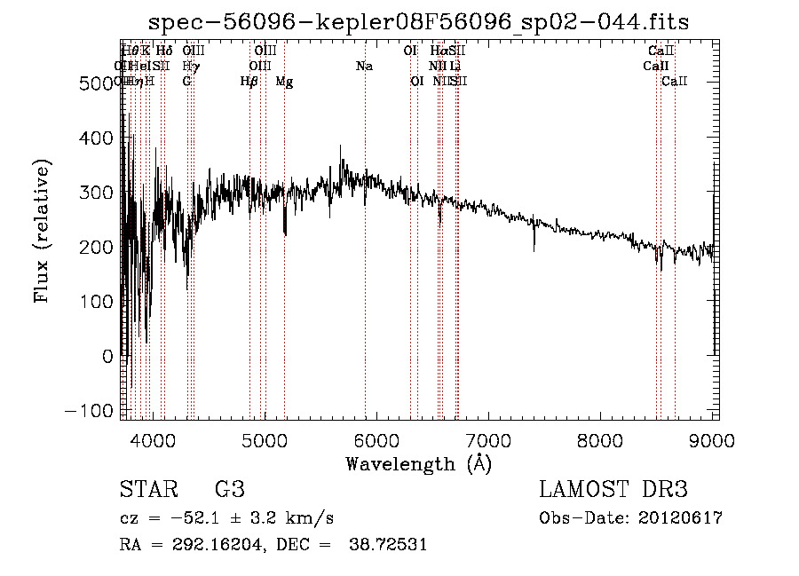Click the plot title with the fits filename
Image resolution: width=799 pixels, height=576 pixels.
419,21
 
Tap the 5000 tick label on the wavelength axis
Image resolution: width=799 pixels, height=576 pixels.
264,438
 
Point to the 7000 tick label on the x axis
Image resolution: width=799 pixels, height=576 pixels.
487,438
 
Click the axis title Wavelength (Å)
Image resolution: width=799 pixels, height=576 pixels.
418,463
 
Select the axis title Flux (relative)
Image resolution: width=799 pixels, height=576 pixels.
42,230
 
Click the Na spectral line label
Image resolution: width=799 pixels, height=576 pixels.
364,66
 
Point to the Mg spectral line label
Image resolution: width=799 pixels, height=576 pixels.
284,82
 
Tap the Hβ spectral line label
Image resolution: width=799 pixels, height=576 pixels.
249,82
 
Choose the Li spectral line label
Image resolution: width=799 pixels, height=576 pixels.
455,66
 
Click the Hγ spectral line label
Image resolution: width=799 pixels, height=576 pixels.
190,66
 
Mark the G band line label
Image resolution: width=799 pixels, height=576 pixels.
186,82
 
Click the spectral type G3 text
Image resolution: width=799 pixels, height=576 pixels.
230,489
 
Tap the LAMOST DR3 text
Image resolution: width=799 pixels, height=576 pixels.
613,489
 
